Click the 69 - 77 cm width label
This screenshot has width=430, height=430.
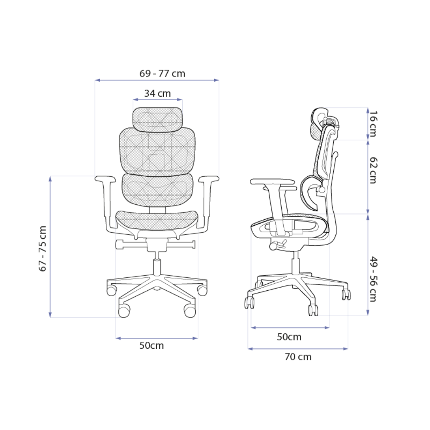pos(163,74)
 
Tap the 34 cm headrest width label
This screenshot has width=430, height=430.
pos(157,93)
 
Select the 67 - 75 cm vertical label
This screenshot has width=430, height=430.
pos(43,249)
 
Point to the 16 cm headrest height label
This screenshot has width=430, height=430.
pos(373,124)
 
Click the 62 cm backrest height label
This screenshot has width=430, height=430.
pos(373,170)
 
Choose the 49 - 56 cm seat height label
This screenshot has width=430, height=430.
pos(373,279)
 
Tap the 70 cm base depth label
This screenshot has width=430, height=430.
pos(298,357)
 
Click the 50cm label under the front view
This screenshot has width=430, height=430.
pos(152,346)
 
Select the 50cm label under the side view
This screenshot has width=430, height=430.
pos(289,337)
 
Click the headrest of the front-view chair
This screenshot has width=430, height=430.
pos(158,120)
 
